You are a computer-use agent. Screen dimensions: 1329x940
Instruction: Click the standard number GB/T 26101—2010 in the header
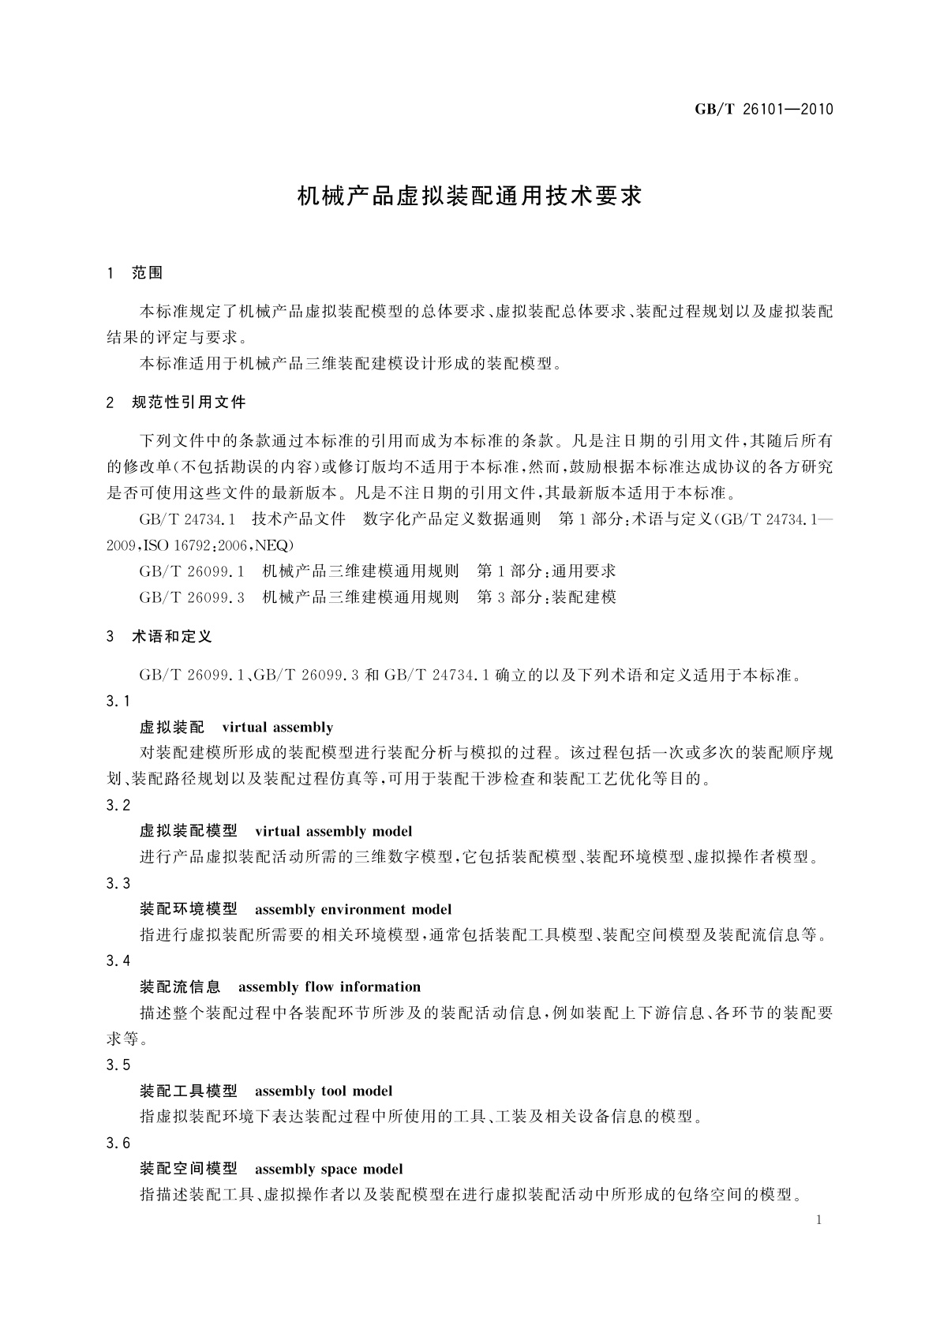click(763, 110)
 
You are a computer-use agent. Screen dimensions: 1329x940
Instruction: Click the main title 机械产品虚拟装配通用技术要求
click(470, 196)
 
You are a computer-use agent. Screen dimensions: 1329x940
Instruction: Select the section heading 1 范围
click(135, 273)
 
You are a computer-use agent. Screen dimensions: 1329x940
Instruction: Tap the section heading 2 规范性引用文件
click(176, 402)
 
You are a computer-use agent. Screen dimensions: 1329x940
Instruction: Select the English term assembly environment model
click(353, 909)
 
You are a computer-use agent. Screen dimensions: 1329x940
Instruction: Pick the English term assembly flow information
click(329, 986)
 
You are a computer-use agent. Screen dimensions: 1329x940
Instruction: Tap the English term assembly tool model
click(324, 1091)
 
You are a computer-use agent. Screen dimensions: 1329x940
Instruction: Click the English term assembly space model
click(328, 1169)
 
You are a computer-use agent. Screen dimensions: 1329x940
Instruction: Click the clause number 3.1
click(118, 701)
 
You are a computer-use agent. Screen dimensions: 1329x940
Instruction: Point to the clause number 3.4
click(118, 960)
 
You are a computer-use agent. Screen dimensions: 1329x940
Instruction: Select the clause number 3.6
click(118, 1143)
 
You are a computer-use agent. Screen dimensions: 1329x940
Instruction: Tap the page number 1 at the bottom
click(818, 1220)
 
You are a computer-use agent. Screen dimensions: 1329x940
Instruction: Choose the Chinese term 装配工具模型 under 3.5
click(188, 1091)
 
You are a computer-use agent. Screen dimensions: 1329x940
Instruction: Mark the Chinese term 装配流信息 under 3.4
click(180, 986)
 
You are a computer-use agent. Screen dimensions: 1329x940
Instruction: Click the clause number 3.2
click(118, 805)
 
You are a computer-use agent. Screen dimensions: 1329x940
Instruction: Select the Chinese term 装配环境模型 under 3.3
click(188, 909)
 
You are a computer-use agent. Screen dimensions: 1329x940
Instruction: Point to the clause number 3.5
click(118, 1065)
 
